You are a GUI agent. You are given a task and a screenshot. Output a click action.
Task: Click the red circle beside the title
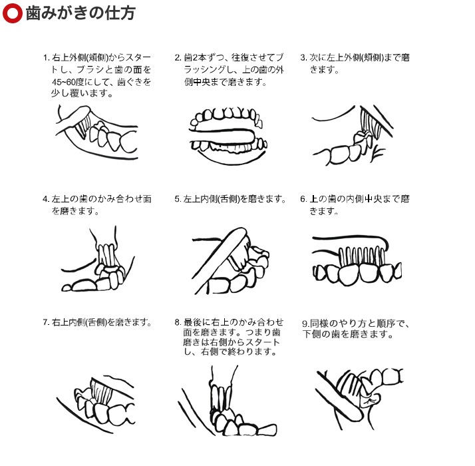(12, 13)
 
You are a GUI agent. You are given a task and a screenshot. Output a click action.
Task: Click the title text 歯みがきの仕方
(80, 13)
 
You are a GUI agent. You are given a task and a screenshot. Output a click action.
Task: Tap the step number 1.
(46, 58)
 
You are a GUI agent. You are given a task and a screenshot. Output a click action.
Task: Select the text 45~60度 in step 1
(68, 82)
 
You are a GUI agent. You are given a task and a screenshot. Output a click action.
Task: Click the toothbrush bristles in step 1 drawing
(82, 126)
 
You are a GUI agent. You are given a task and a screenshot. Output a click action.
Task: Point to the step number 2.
(178, 58)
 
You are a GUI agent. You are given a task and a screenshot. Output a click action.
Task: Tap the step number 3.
(303, 58)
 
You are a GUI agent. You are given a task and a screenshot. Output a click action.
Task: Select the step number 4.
(46, 199)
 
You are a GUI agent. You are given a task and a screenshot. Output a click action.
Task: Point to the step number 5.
(178, 199)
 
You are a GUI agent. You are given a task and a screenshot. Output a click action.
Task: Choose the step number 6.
(303, 199)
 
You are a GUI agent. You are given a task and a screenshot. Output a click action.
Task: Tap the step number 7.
(46, 322)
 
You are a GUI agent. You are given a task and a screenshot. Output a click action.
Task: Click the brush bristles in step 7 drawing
(102, 391)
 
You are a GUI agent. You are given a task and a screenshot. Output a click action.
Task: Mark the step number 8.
(178, 322)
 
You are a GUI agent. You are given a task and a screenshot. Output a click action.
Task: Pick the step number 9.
(305, 324)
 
